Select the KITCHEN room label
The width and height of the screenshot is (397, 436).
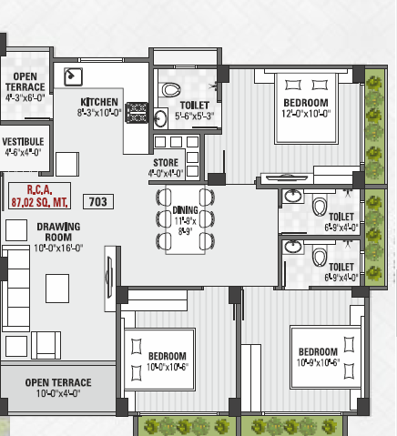pos(99,106)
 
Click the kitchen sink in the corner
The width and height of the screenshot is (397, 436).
pos(73,76)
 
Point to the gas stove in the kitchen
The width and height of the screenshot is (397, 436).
pos(137,113)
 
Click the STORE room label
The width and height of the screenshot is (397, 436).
pos(166,167)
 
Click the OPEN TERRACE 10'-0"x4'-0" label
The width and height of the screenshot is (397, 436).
pos(57,388)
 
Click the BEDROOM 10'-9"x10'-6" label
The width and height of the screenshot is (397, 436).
pos(319,356)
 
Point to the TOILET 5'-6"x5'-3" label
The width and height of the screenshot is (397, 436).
pos(194,110)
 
